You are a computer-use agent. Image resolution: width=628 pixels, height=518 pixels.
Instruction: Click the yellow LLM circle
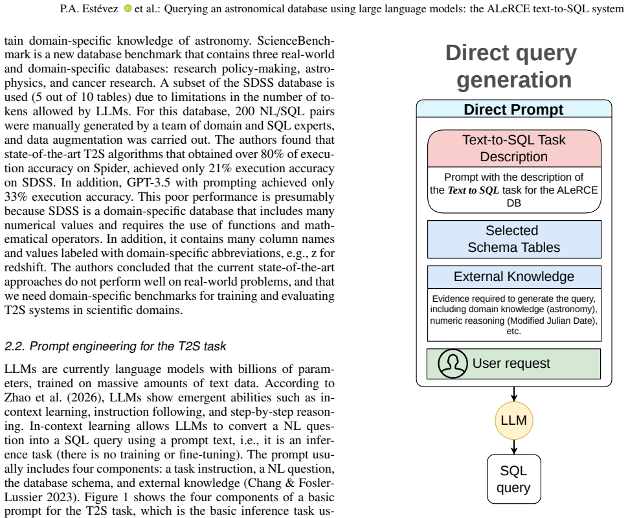pyautogui.click(x=514, y=420)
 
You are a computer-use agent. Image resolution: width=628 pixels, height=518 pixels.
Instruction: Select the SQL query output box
pyautogui.click(x=514, y=479)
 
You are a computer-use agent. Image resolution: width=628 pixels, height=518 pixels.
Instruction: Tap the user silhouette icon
pyautogui.click(x=453, y=363)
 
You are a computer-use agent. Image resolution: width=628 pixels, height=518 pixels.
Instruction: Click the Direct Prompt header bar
pyautogui.click(x=514, y=109)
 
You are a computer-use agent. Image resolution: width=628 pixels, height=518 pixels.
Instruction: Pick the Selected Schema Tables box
pyautogui.click(x=514, y=239)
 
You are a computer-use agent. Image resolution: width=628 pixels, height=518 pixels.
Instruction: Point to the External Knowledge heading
pyautogui.click(x=514, y=277)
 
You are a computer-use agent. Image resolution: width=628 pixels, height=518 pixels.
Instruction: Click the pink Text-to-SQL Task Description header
pyautogui.click(x=514, y=148)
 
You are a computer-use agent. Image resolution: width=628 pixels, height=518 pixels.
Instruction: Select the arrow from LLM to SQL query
pyautogui.click(x=514, y=447)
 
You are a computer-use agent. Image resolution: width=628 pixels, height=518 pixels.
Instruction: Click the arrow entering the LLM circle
pyautogui.click(x=514, y=394)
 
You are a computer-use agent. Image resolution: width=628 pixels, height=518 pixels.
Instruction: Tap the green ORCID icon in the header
pyautogui.click(x=128, y=8)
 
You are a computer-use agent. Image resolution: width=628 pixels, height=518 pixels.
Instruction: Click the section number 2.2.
pyautogui.click(x=16, y=346)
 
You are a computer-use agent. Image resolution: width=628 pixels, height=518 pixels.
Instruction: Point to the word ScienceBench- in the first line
pyautogui.click(x=296, y=40)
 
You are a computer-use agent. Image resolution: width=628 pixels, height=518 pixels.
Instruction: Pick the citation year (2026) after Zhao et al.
pyautogui.click(x=90, y=398)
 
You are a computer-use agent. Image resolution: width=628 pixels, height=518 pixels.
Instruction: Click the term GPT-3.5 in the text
pyautogui.click(x=148, y=183)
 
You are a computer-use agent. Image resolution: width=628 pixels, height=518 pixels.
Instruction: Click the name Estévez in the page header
pyautogui.click(x=100, y=8)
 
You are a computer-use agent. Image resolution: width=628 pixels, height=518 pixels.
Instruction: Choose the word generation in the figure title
pyautogui.click(x=514, y=80)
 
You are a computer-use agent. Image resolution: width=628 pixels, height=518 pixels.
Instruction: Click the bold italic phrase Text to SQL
pyautogui.click(x=473, y=190)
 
